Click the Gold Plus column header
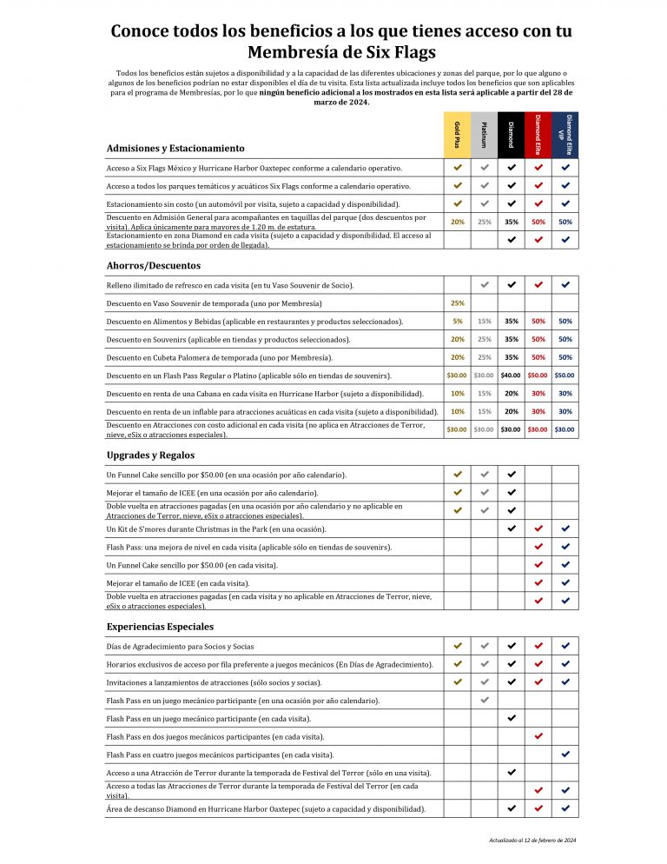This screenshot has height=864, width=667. tap(457, 135)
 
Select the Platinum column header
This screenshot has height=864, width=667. tap(484, 135)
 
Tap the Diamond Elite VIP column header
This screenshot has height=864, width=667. tap(565, 135)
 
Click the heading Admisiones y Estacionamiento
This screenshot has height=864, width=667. tap(175, 149)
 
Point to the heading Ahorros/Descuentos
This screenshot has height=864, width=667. tap(154, 265)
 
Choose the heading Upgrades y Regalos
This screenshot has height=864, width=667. tap(150, 455)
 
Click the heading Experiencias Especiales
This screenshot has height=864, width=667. tap(160, 626)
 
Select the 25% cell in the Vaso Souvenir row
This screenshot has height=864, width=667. tap(457, 303)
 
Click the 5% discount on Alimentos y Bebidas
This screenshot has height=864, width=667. tap(457, 322)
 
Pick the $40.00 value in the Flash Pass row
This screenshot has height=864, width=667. tap(511, 376)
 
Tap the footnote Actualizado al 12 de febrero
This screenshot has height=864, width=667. tap(532, 841)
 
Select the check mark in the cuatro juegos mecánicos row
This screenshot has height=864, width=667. tap(565, 754)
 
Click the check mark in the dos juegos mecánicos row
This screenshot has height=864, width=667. tap(538, 735)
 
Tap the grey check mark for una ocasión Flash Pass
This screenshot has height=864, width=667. tap(484, 700)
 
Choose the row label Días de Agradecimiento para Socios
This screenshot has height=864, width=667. tap(180, 646)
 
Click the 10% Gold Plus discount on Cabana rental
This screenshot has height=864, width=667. tap(457, 393)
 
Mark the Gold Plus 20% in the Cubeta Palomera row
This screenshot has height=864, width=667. tap(457, 357)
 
